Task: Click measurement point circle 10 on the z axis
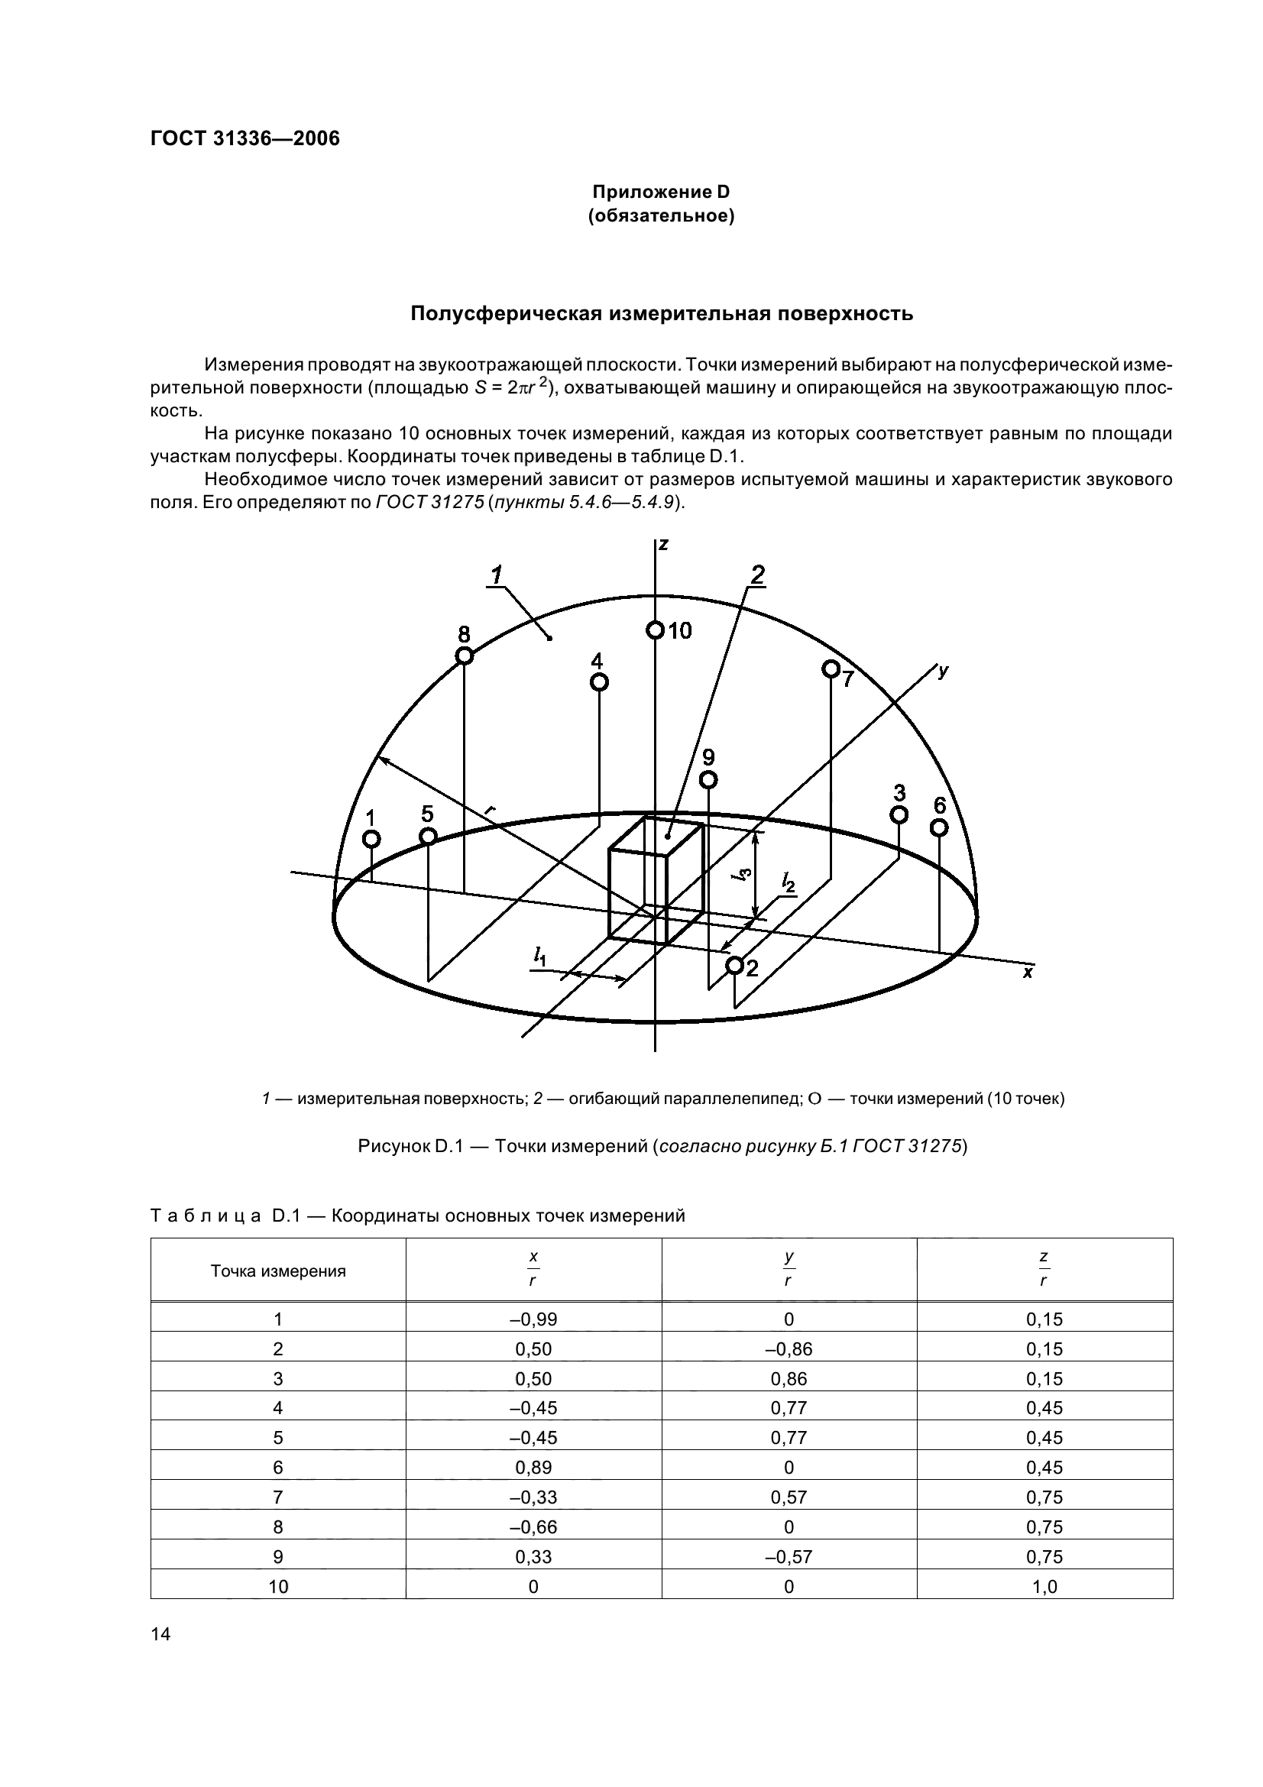point(655,630)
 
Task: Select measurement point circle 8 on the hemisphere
point(464,656)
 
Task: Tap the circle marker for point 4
point(598,682)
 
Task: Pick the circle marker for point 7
point(831,669)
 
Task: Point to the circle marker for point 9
point(708,779)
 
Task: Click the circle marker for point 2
point(734,965)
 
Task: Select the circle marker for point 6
point(939,827)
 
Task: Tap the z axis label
point(663,544)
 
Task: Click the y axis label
point(943,671)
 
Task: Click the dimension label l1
point(539,956)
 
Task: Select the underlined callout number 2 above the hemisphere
point(756,575)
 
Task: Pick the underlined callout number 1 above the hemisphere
point(496,575)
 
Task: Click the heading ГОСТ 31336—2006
point(245,138)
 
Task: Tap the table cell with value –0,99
point(533,1319)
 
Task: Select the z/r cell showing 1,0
point(1044,1586)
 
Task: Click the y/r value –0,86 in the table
point(789,1348)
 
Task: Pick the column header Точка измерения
point(278,1272)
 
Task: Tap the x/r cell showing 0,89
point(533,1467)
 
